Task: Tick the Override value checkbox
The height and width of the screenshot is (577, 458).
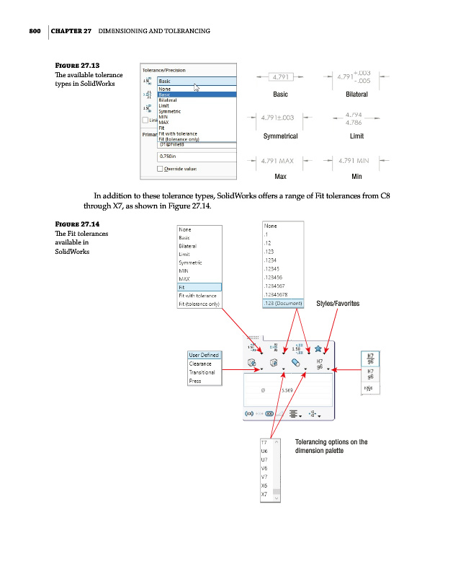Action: [161, 169]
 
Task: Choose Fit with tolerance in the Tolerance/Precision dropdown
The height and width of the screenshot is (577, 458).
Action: [178, 133]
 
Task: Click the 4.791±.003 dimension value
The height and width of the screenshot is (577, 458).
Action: [282, 118]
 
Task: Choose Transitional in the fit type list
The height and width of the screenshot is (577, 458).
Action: [202, 372]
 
